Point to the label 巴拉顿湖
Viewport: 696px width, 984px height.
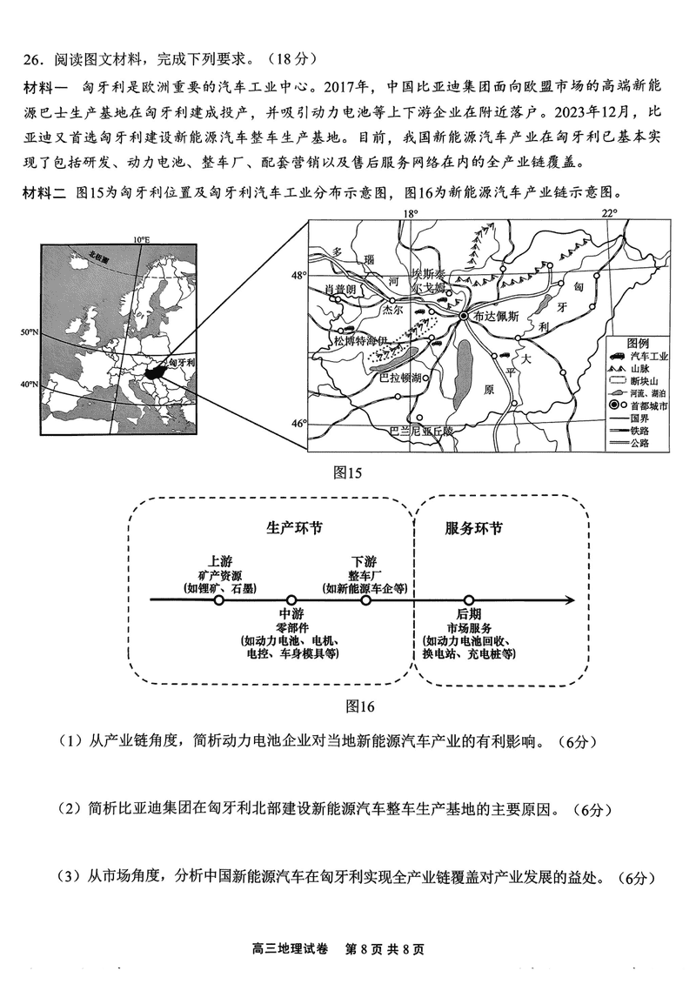click(401, 378)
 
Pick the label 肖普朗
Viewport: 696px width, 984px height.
click(340, 289)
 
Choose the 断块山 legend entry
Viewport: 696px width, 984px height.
click(651, 381)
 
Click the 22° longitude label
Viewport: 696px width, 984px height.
click(609, 213)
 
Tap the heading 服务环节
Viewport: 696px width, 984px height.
click(473, 529)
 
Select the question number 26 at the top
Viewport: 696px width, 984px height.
click(33, 60)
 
